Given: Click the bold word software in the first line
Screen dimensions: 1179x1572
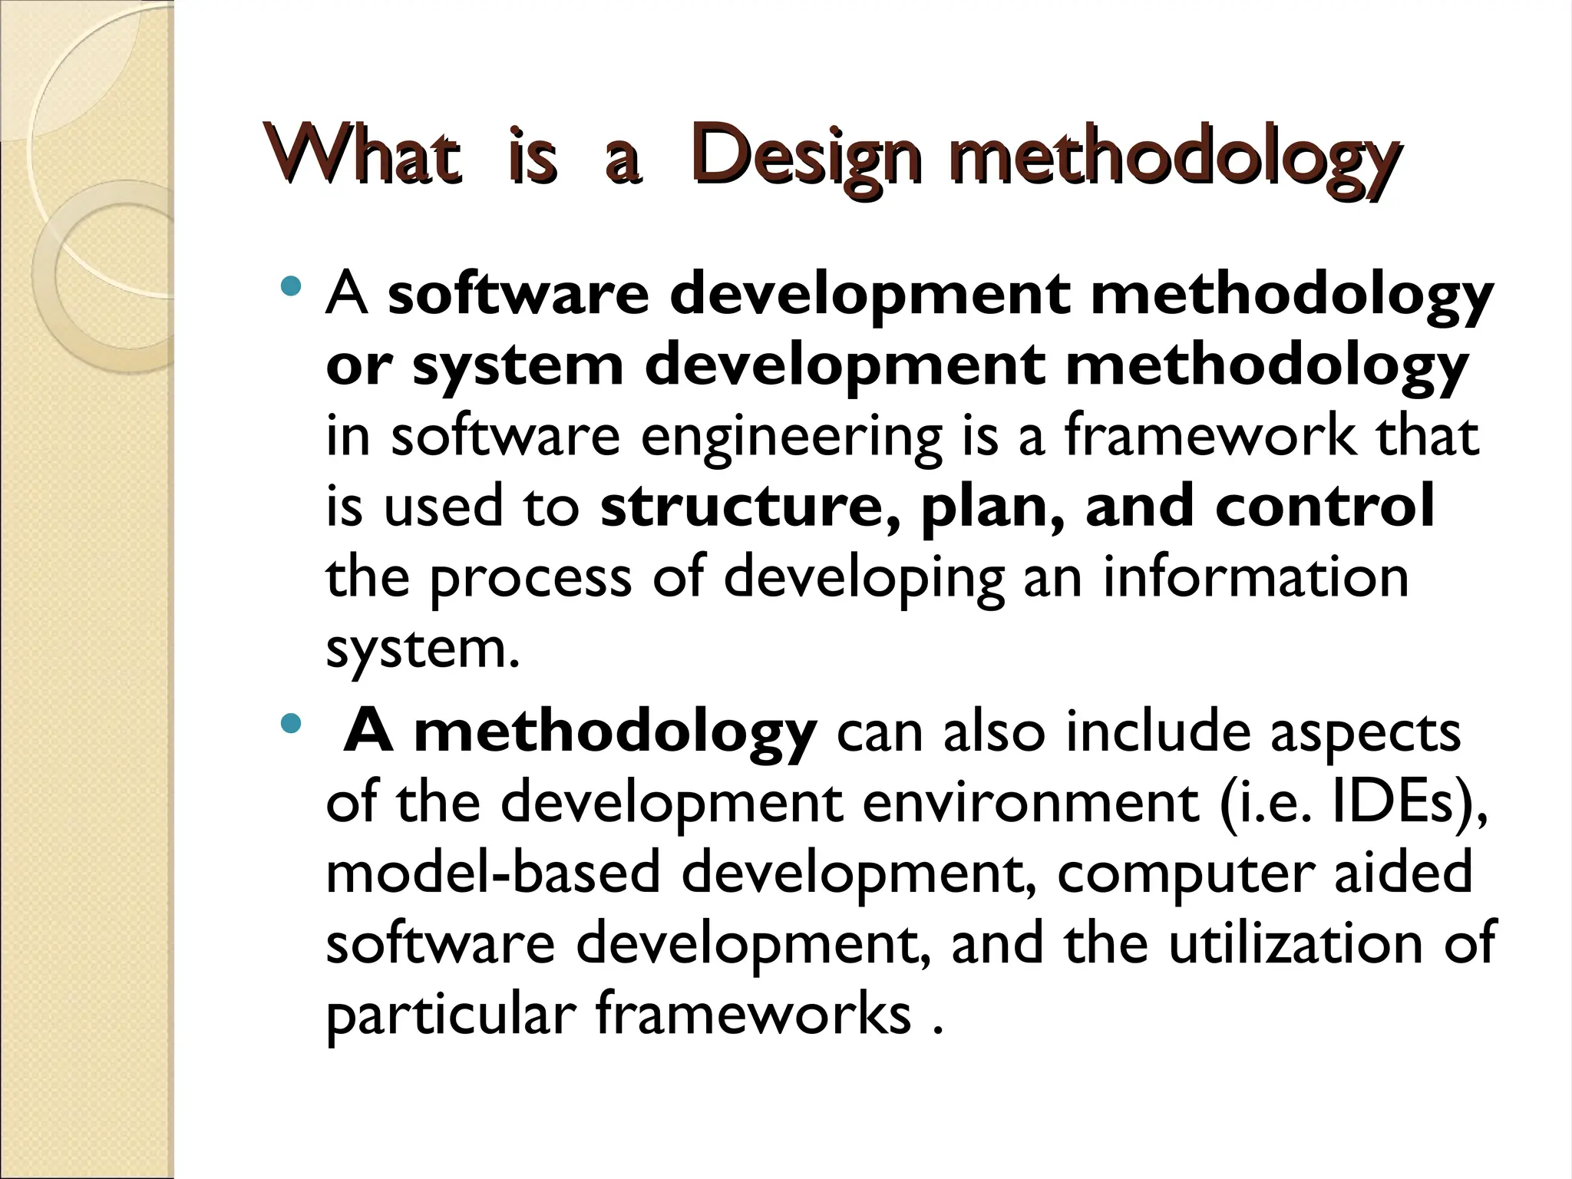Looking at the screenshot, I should pyautogui.click(x=519, y=295).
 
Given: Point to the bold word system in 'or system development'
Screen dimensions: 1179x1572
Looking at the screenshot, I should pyautogui.click(x=517, y=367).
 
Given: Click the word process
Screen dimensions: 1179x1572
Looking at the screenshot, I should pyautogui.click(x=530, y=580).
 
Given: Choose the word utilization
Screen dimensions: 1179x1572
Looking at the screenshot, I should pyautogui.click(x=1296, y=943).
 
